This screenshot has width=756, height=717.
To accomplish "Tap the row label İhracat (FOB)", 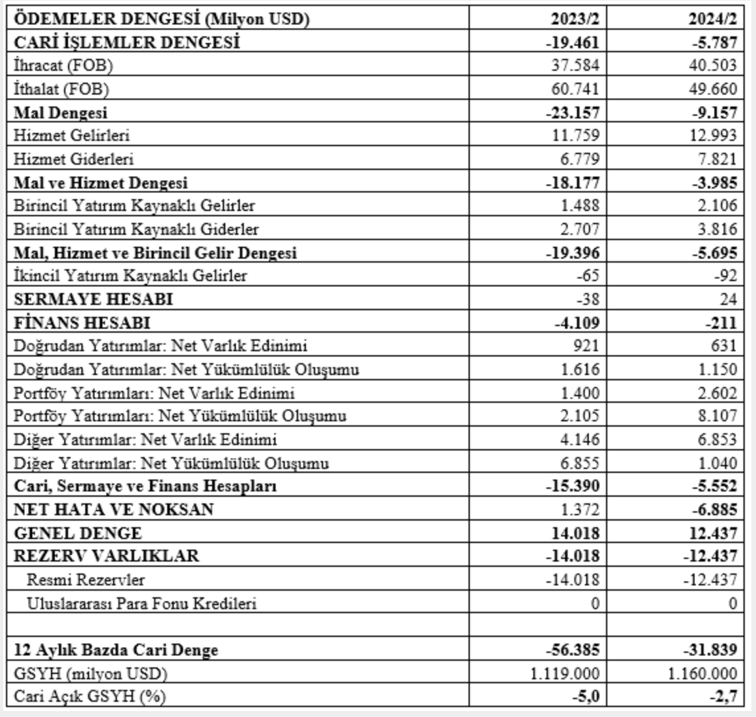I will [x=59, y=66].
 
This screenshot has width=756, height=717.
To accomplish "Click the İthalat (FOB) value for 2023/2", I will [x=577, y=89].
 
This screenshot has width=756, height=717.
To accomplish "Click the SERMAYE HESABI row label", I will [x=93, y=299].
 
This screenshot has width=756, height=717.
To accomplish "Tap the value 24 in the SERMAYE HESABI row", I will [x=728, y=299].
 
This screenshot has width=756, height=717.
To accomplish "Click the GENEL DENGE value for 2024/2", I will [x=711, y=532].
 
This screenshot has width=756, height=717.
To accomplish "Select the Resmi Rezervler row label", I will [x=86, y=580].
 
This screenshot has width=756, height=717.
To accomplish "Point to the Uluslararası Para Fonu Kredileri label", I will [x=141, y=603].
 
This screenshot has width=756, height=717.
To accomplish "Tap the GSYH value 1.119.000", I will [x=563, y=673].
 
